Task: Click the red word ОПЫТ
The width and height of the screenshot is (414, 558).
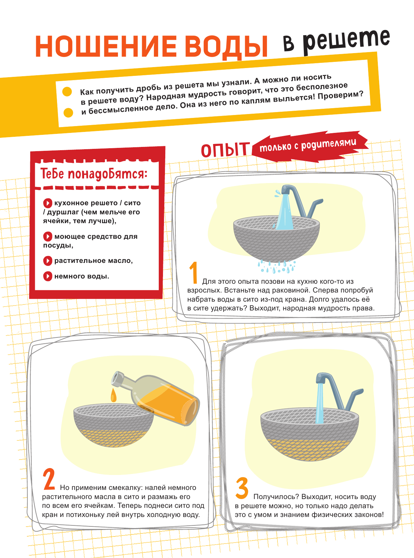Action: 225,150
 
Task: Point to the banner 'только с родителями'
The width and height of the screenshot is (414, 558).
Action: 310,146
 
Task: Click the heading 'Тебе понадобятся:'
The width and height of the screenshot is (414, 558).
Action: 94,174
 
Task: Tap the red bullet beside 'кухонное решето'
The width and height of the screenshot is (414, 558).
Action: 48,203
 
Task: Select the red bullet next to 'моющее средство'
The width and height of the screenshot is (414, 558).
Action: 48,236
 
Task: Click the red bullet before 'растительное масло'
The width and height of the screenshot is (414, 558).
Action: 48,261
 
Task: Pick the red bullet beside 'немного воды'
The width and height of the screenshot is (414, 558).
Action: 48,276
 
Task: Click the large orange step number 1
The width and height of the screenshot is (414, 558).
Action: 194,272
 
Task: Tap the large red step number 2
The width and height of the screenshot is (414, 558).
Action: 49,479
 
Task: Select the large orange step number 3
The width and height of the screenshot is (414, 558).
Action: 242,488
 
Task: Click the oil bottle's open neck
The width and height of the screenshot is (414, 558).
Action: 116,378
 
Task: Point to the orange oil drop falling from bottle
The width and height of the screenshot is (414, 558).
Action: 113,395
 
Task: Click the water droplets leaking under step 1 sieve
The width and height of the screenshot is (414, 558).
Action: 276,266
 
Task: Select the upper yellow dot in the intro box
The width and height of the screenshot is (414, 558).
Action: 67,92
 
